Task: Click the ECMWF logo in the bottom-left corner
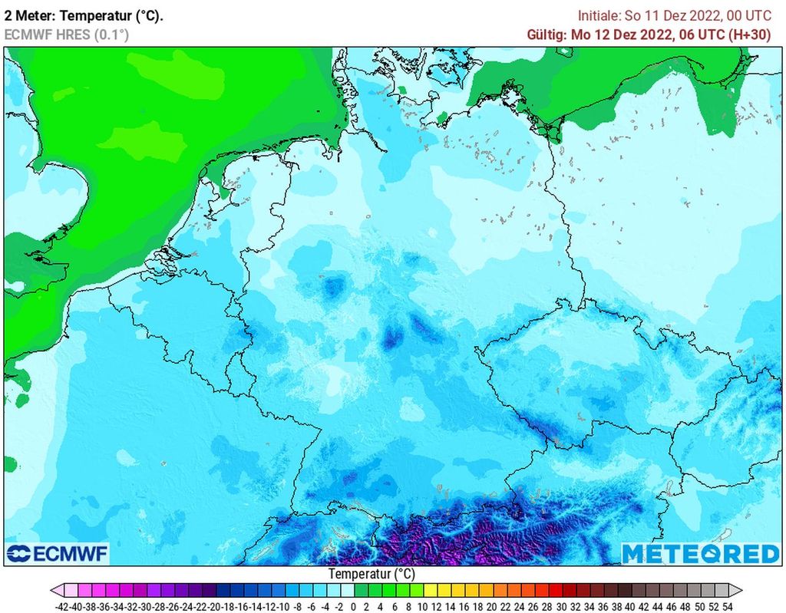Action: pyautogui.click(x=58, y=553)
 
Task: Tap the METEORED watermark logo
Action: pyautogui.click(x=700, y=553)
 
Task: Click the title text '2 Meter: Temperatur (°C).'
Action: pyautogui.click(x=84, y=15)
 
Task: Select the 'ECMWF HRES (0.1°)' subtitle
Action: pyautogui.click(x=67, y=35)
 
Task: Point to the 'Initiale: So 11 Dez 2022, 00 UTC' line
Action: pyautogui.click(x=675, y=15)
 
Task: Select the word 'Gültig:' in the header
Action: pyautogui.click(x=547, y=35)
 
